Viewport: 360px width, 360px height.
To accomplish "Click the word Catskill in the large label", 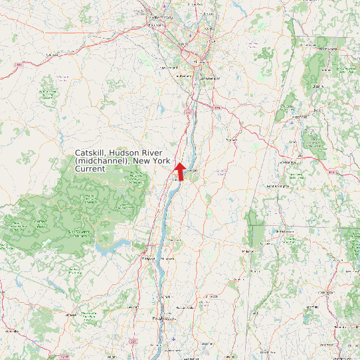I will click(90, 153).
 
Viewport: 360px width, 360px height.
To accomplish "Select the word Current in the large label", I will click(90, 170).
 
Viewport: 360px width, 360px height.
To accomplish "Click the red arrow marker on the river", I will click(179, 170).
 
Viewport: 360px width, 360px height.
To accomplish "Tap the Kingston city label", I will click(148, 258).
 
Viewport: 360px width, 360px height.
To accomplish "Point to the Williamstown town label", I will click(308, 45).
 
